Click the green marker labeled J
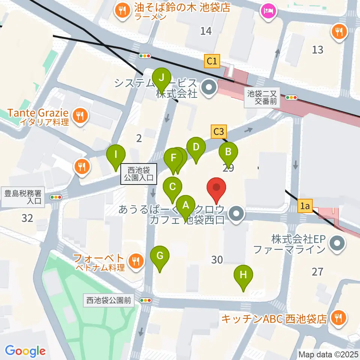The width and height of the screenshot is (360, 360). [x=162, y=78]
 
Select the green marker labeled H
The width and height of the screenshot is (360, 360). [x=243, y=275]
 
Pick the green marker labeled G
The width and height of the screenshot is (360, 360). [x=160, y=256]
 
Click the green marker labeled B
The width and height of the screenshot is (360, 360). [x=228, y=152]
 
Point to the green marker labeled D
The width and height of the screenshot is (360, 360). [x=196, y=147]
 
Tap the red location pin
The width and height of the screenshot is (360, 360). [x=217, y=187]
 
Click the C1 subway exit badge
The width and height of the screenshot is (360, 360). [x=212, y=61]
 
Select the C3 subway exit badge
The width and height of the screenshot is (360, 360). [x=219, y=132]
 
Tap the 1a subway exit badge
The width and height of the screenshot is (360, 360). [x=305, y=205]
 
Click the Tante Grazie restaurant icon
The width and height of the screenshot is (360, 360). [x=79, y=115]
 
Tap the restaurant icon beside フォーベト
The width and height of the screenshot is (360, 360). [x=136, y=261]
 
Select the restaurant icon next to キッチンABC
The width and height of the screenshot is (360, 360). [x=339, y=318]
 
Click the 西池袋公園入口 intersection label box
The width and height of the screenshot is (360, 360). [x=138, y=174]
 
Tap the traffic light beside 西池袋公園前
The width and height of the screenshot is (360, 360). [x=145, y=300]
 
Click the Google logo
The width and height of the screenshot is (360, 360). [x=25, y=351]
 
